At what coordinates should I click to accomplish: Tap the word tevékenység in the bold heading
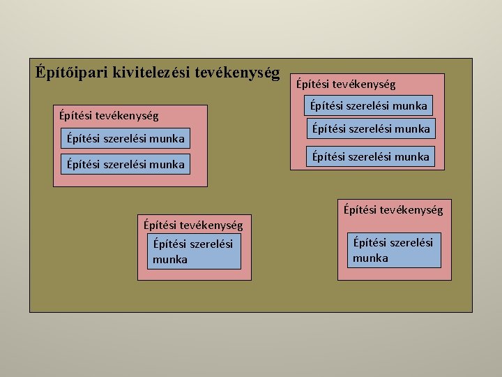[x=237, y=72]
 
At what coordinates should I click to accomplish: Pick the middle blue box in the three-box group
[x=371, y=129]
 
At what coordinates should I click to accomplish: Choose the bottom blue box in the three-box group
[x=371, y=156]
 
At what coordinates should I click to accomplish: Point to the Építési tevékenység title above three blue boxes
[x=345, y=84]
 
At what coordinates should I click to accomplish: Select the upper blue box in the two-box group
[x=125, y=138]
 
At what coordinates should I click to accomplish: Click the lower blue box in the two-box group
[x=125, y=164]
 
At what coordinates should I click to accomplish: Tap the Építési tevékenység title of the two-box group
[x=109, y=114]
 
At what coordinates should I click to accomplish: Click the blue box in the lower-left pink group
[x=194, y=251]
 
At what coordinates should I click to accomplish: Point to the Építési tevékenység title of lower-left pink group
[x=193, y=225]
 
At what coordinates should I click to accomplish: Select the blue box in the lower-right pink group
[x=395, y=250]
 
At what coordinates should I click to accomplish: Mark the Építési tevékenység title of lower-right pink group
[x=393, y=209]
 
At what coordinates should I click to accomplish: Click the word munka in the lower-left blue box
[x=170, y=260]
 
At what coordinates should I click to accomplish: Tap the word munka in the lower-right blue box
[x=371, y=258]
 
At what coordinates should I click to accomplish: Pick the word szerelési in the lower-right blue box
[x=409, y=242]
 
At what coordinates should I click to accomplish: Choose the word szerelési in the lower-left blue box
[x=209, y=244]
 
